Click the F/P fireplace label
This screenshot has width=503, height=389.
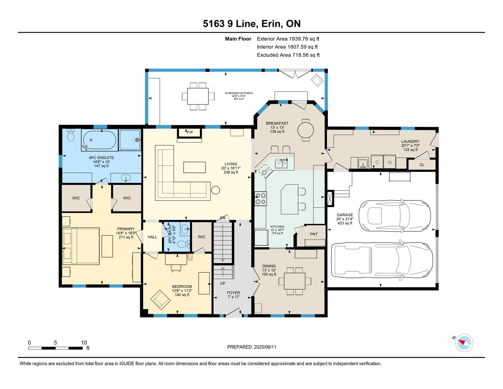click(190, 132)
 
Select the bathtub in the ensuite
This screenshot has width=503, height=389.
click(100, 140)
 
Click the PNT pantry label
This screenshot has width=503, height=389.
click(314, 234)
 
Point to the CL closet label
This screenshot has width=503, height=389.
click(422, 165)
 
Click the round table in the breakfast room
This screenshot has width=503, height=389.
click(305, 130)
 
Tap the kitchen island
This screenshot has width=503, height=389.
click(289, 199)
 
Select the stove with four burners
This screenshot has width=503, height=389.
click(261, 199)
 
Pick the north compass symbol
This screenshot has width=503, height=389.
click(464, 343)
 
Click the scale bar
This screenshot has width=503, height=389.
click(55, 348)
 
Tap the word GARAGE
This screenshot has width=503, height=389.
click(345, 215)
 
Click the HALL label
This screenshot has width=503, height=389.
click(152, 237)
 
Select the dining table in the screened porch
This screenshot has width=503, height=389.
click(198, 96)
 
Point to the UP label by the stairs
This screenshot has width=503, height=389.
click(223, 283)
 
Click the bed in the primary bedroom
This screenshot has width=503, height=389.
click(81, 246)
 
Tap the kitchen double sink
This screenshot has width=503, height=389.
click(281, 164)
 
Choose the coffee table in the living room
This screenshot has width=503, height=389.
click(194, 167)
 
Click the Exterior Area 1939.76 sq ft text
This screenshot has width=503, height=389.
click(288, 39)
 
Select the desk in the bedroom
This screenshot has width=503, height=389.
click(176, 259)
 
